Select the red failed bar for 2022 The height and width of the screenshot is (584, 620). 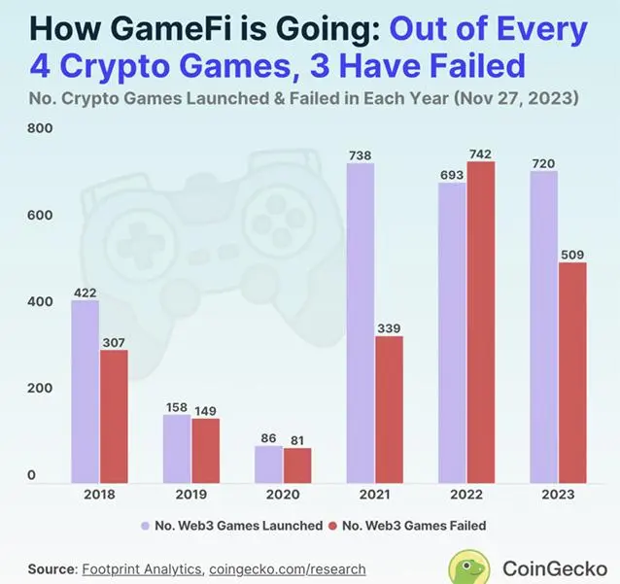[480, 322]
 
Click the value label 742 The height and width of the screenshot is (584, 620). [480, 154]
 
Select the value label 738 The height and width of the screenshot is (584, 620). [361, 155]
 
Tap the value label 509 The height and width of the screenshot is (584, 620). [573, 255]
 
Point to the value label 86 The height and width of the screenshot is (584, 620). [268, 438]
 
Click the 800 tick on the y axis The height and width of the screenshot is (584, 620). [39, 129]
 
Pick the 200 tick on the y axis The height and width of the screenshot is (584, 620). [39, 389]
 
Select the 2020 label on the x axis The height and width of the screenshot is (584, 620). [283, 495]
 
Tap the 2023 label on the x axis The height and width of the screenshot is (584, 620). [558, 495]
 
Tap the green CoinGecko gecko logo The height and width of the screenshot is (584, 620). [469, 567]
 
